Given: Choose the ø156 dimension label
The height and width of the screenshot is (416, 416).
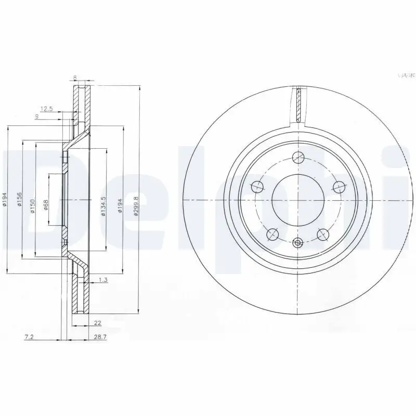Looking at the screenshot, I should (19, 200).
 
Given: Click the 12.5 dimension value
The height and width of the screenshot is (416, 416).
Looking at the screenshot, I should (47, 109).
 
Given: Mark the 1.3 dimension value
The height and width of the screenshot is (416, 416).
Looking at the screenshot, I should (102, 280).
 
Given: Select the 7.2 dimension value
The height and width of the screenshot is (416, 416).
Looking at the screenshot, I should (30, 337).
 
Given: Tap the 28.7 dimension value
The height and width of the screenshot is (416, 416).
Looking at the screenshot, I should (100, 337).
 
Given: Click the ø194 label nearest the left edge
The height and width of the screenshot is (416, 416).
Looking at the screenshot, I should (5, 200).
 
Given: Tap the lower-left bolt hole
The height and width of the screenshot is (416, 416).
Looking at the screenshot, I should (272, 235).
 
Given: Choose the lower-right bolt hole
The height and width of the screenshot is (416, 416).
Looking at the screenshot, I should (323, 235).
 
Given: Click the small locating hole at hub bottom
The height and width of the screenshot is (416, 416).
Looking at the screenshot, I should (298, 242).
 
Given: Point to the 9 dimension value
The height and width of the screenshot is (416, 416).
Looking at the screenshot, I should (36, 116).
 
